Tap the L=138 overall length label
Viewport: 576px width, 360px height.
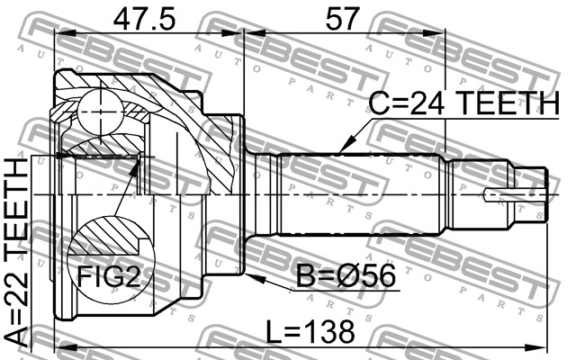(x=310, y=331)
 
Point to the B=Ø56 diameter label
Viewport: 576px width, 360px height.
(x=346, y=276)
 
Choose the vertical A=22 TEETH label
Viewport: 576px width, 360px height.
(x=17, y=253)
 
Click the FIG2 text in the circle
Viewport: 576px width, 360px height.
(x=109, y=275)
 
